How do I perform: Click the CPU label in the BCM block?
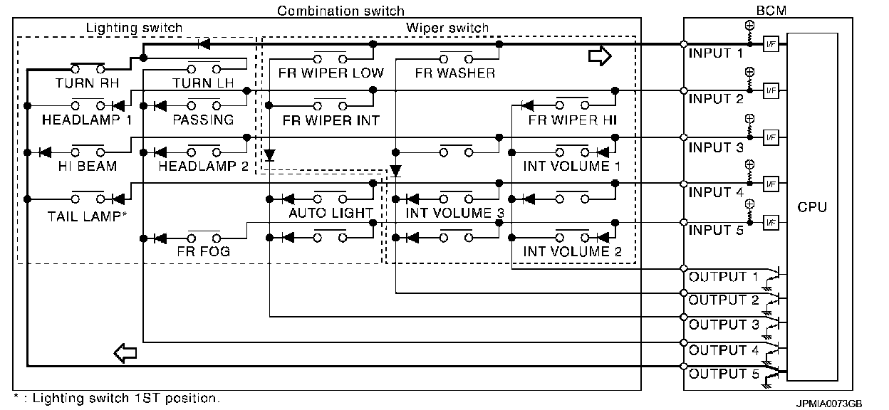(812, 207)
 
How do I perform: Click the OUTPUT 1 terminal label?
(723, 277)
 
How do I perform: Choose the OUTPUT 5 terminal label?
(723, 374)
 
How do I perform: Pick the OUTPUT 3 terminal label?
(723, 325)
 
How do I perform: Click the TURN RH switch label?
(86, 83)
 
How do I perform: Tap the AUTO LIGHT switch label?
(331, 213)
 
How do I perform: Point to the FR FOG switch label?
(202, 251)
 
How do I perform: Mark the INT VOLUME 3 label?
(449, 213)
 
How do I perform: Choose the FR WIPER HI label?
(573, 120)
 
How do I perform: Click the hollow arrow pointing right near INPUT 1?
(600, 57)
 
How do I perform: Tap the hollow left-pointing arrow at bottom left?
(125, 352)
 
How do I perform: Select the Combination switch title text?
(340, 11)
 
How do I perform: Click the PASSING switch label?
(203, 120)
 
